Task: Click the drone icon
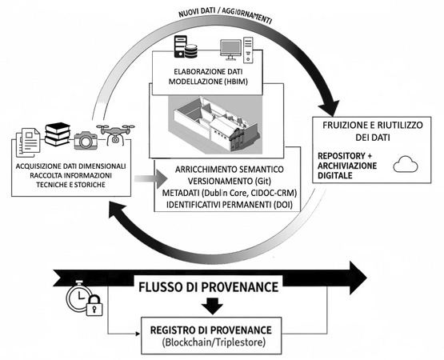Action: [x=115, y=135]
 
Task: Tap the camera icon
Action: [x=86, y=140]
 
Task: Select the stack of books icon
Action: [x=58, y=134]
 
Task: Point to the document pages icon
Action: [x=28, y=142]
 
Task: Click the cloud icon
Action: [x=406, y=164]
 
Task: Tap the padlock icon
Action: [x=94, y=305]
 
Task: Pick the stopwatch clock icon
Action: [x=78, y=295]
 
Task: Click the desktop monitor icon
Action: [x=230, y=50]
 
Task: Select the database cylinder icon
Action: [x=190, y=50]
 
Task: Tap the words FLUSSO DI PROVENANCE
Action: [x=209, y=287]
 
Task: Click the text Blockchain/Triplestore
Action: [x=214, y=342]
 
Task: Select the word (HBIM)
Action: [x=235, y=82]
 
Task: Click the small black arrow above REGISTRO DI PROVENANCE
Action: [x=212, y=306]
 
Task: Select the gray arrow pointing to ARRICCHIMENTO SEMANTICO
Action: [x=150, y=178]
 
